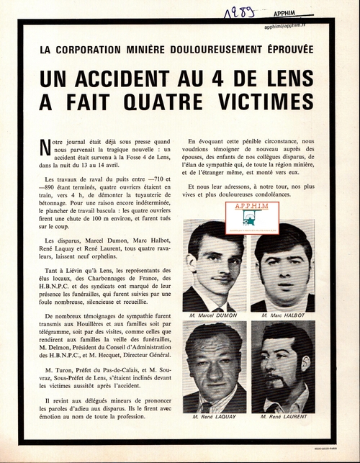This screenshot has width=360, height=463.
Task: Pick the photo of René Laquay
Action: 214,366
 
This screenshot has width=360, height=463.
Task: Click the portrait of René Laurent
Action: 282,366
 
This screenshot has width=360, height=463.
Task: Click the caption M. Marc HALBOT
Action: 282,315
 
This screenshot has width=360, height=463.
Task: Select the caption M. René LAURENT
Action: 282,417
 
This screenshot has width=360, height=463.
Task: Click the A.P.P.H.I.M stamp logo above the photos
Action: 252,217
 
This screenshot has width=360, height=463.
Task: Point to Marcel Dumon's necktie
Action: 217,305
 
